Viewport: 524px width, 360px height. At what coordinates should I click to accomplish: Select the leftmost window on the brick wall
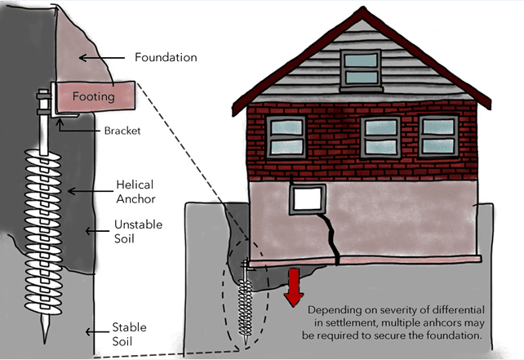(x=286, y=136)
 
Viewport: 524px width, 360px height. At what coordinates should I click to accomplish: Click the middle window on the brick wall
(x=380, y=137)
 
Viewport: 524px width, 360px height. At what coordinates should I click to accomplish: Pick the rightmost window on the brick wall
(x=440, y=136)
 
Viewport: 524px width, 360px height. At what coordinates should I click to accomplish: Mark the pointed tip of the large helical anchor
(x=40, y=338)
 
